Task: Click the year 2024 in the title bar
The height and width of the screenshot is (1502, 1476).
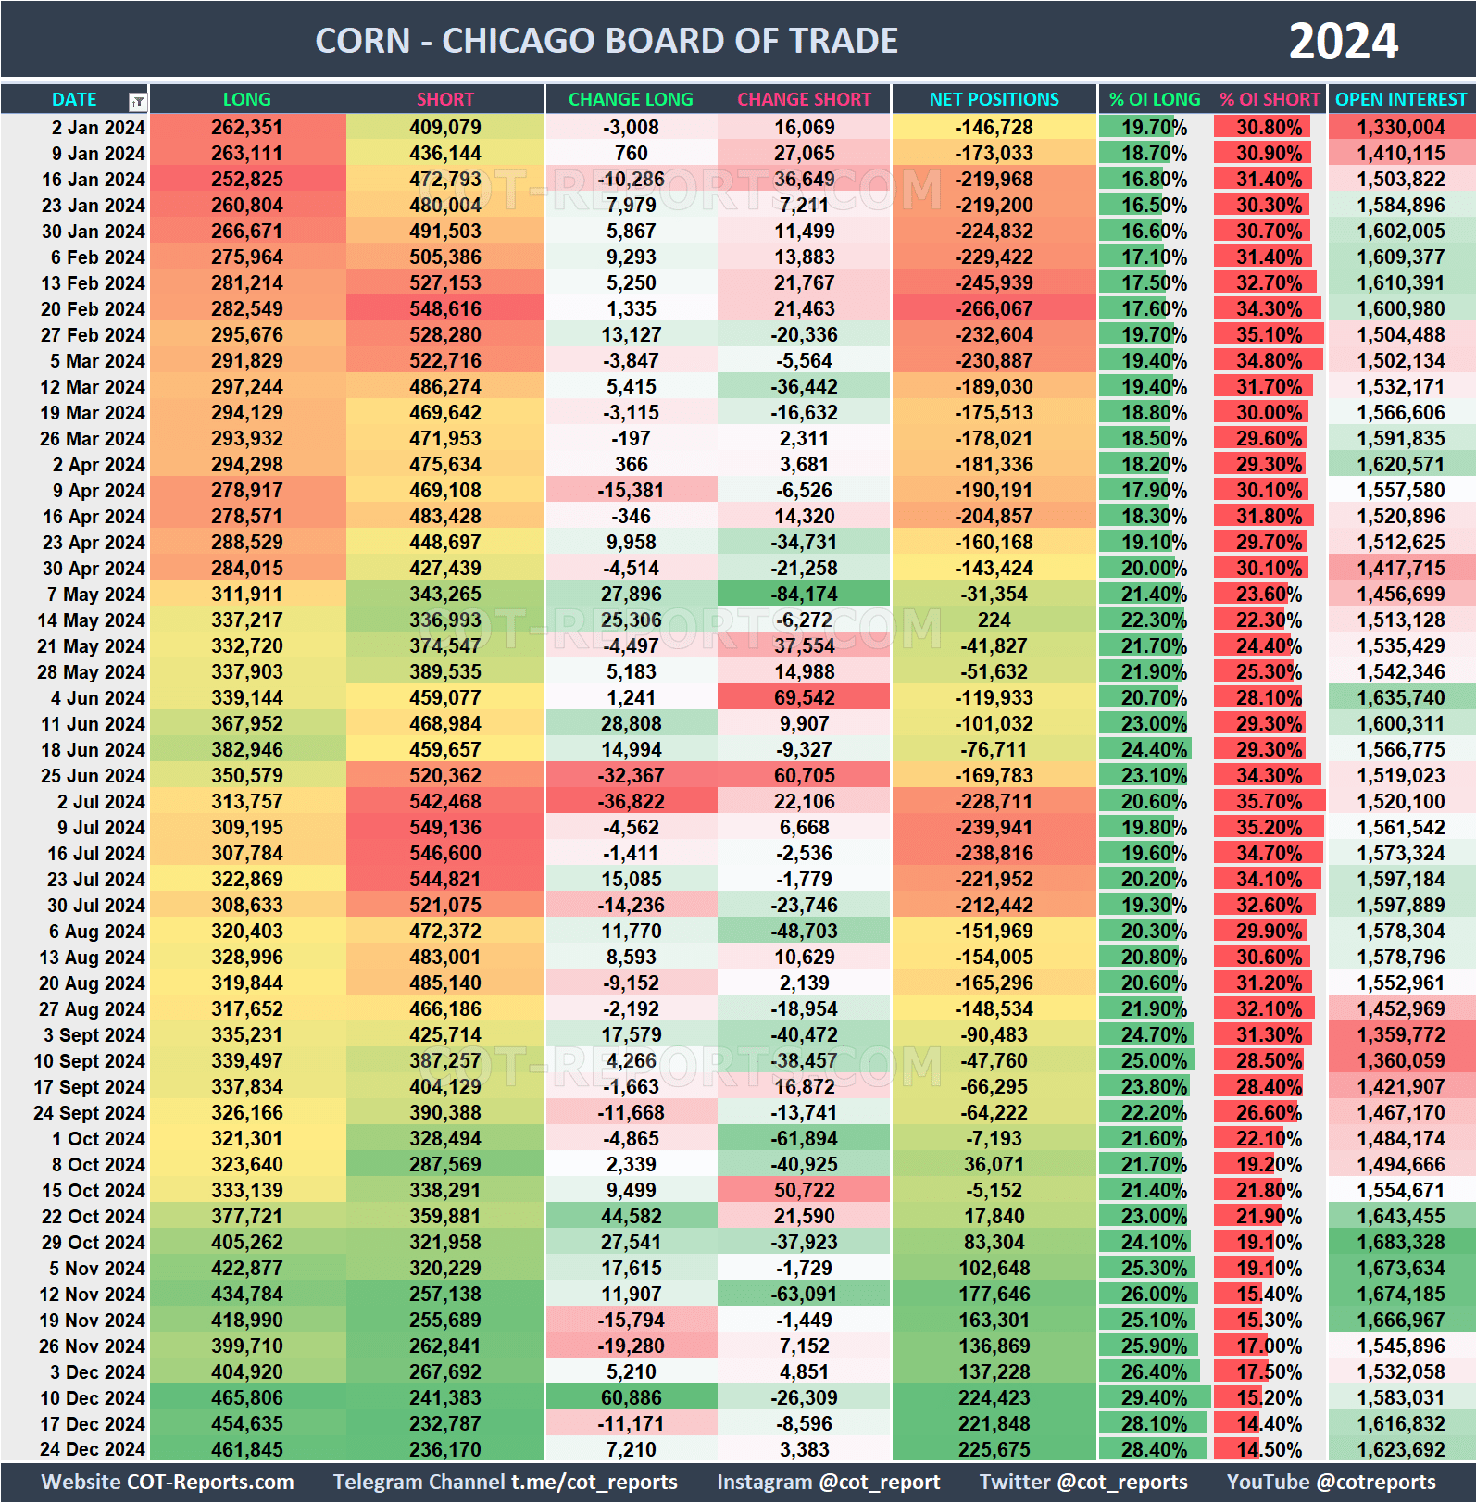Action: click(x=1343, y=42)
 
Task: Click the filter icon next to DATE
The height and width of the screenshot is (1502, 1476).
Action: click(x=138, y=101)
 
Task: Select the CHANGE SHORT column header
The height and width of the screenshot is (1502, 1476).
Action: click(x=804, y=99)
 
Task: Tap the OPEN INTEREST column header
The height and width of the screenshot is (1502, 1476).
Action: click(x=1401, y=99)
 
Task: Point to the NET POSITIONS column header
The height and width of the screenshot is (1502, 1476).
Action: click(x=994, y=99)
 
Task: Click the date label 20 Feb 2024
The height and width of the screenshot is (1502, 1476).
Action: click(x=93, y=309)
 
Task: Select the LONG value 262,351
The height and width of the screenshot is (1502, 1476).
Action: click(x=246, y=128)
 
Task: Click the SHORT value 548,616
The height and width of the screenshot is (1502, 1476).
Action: click(x=445, y=309)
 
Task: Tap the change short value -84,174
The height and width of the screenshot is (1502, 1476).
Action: click(x=805, y=595)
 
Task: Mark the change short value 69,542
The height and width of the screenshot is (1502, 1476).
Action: click(x=805, y=698)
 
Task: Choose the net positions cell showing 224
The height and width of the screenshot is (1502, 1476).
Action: click(x=994, y=620)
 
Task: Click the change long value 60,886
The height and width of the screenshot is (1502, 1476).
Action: click(x=631, y=1398)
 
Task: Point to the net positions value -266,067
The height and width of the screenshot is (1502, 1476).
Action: click(x=994, y=309)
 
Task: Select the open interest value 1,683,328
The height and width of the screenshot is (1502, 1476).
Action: click(x=1401, y=1243)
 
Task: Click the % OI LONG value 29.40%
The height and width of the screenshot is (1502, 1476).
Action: click(x=1154, y=1398)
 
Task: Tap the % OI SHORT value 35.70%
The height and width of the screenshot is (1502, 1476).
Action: click(x=1270, y=802)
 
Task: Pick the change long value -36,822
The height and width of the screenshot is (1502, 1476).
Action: click(x=631, y=802)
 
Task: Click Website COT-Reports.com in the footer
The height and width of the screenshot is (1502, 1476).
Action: click(x=168, y=1482)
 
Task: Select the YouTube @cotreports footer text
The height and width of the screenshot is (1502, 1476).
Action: click(x=1331, y=1482)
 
